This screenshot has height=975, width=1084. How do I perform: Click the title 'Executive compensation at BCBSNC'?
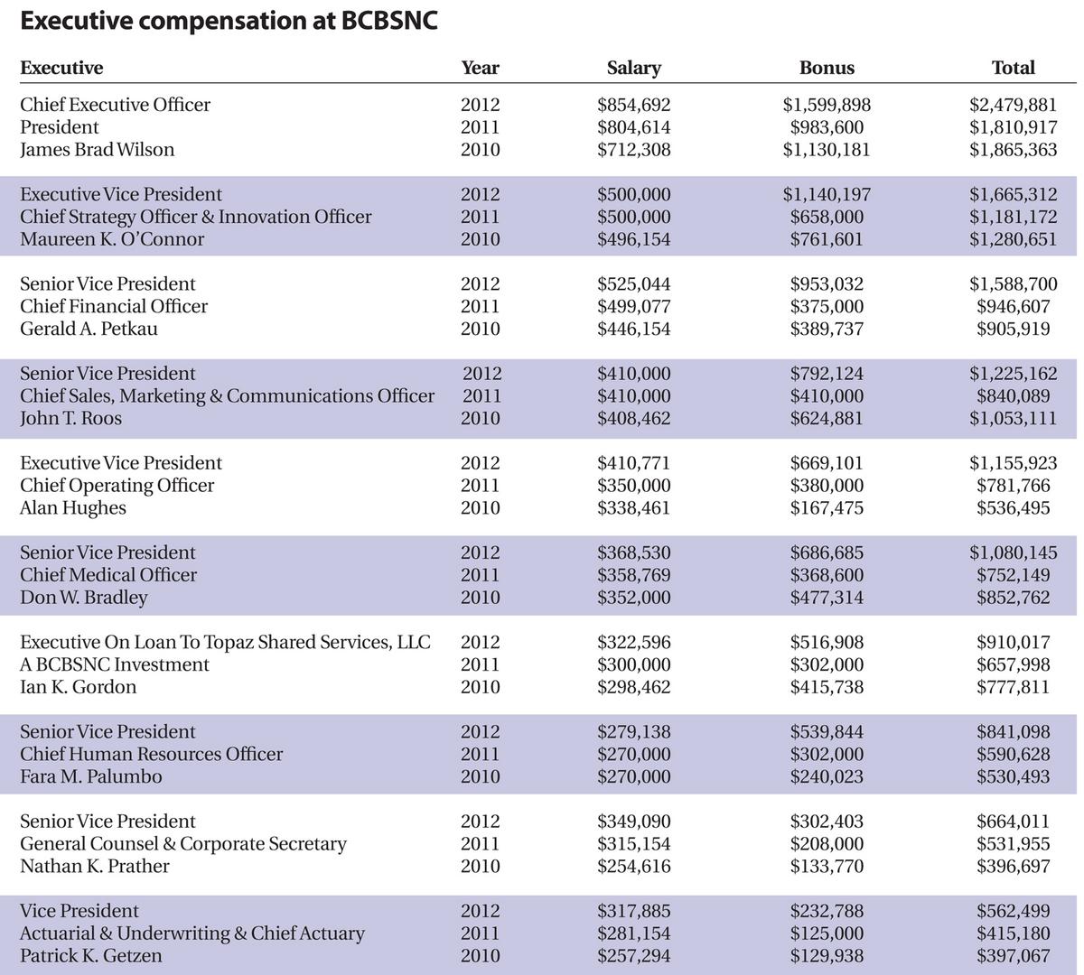(229, 22)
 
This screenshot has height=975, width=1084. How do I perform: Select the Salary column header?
(633, 68)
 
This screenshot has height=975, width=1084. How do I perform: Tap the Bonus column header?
(826, 68)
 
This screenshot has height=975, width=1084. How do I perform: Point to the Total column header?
(1013, 68)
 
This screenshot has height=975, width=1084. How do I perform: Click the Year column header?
(480, 68)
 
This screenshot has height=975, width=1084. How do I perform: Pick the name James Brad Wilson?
(97, 150)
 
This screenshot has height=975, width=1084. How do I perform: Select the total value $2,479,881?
(1013, 105)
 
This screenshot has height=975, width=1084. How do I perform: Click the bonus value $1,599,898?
(826, 105)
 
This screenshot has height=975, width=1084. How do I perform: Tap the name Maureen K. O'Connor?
(112, 239)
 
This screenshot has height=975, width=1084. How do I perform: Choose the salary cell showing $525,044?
(633, 284)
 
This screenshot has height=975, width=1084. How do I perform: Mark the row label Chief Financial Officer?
(114, 307)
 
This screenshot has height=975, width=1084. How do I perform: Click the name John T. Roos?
(70, 419)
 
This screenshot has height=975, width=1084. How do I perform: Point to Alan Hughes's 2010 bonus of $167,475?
(826, 508)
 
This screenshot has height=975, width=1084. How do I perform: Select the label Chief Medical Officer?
(108, 575)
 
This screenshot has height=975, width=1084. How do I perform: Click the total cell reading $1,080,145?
(1013, 552)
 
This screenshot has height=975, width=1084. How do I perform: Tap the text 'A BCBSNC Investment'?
(114, 664)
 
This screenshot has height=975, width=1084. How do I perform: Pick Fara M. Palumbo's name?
(91, 776)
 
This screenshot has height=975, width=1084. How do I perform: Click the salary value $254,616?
(633, 867)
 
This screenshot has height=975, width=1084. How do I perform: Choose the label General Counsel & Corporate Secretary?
(183, 844)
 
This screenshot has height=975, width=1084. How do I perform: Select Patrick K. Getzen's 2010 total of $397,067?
(1013, 956)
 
